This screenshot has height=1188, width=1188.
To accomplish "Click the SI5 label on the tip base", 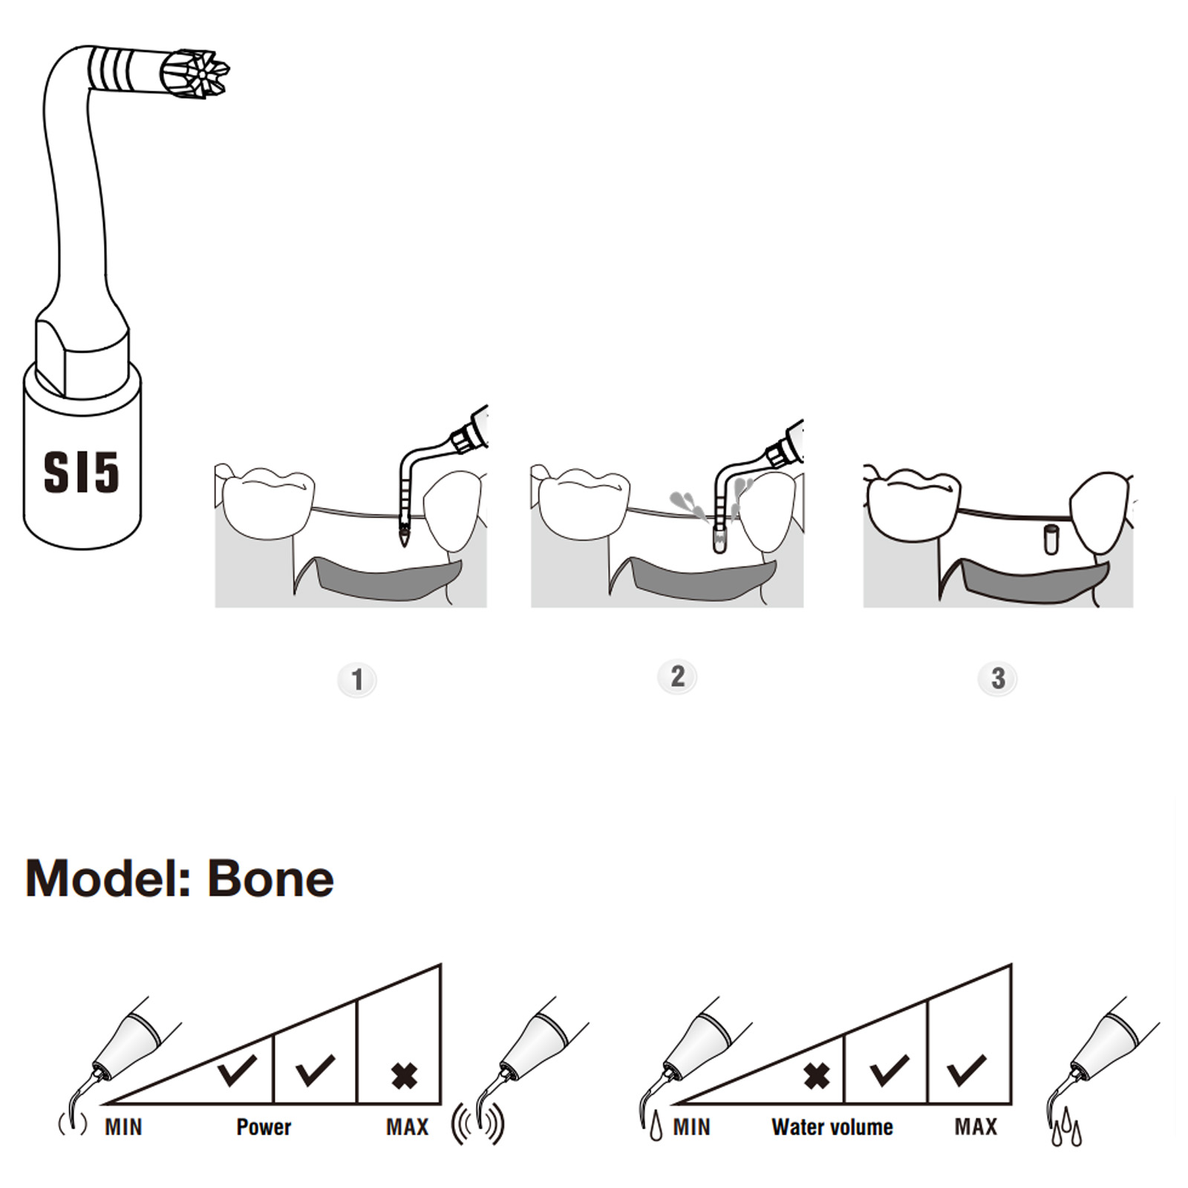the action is [x=81, y=472].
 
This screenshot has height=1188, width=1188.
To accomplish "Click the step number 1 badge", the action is [x=357, y=679].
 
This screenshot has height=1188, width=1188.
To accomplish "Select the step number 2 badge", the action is [x=677, y=676].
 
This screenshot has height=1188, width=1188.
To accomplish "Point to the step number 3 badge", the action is [x=998, y=678].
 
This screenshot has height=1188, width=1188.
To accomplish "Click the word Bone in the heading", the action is [x=270, y=879].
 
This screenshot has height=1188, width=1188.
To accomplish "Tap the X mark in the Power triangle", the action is [x=405, y=1076].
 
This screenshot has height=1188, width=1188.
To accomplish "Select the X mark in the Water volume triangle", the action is [x=817, y=1076].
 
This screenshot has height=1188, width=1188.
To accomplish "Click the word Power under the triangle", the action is [x=264, y=1127].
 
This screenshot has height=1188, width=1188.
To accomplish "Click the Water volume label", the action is [x=832, y=1127].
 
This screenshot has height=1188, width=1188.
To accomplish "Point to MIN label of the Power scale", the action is [x=123, y=1127].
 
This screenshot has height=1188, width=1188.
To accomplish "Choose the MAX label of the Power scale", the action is [x=407, y=1127].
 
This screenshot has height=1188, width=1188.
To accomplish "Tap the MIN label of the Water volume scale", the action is [x=691, y=1127].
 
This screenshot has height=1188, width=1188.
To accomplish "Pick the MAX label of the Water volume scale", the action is [x=976, y=1127].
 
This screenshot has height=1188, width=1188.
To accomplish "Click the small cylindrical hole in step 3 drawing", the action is [x=1050, y=539].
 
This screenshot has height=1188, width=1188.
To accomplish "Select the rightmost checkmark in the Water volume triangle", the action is [x=967, y=1070].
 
